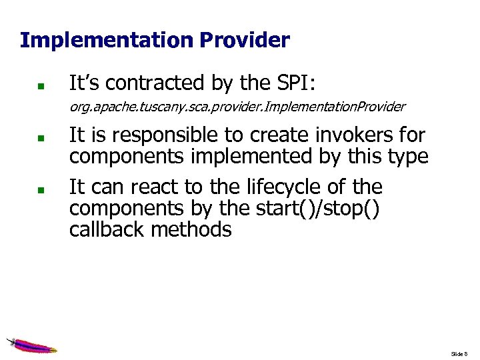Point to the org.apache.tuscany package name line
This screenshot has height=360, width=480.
coord(237,107)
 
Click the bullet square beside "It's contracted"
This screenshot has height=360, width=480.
coord(41,86)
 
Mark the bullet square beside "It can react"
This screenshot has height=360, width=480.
coord(41,189)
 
